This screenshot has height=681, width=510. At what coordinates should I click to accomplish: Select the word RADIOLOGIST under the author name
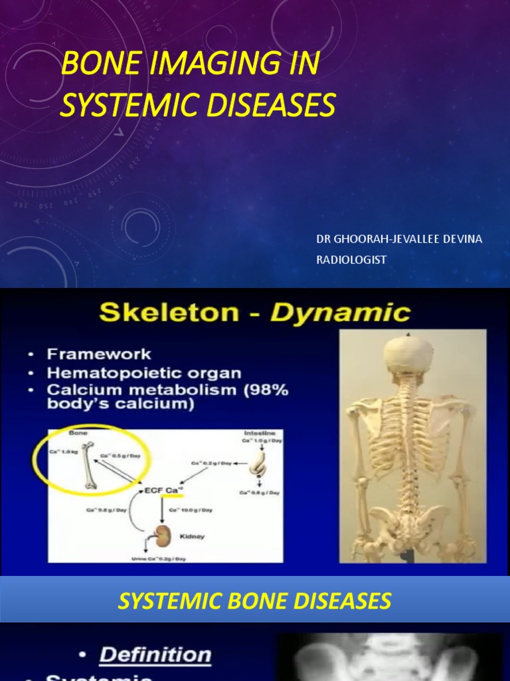(351, 259)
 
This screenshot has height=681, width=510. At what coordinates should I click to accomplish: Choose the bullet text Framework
(99, 354)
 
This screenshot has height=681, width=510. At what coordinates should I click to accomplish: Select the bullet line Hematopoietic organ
(144, 372)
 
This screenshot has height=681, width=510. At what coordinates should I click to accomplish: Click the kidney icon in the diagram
(159, 535)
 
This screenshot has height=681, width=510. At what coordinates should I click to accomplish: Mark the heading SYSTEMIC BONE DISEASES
(254, 601)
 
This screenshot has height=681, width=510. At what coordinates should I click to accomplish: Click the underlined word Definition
(155, 654)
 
